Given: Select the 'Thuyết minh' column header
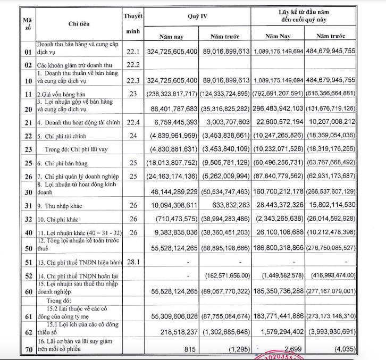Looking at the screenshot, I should pyautogui.click(x=132, y=24).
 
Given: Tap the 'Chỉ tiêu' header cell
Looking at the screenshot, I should pyautogui.click(x=79, y=24).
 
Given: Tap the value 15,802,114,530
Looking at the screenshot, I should pyautogui.click(x=331, y=205).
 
